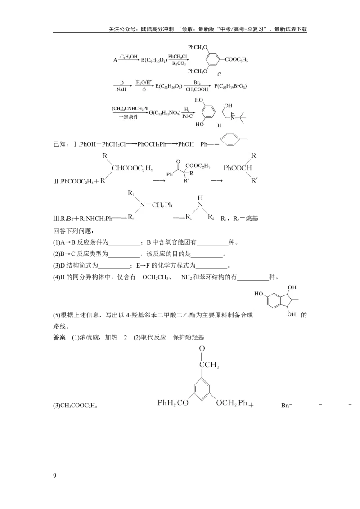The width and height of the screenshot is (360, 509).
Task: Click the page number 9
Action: (54, 476)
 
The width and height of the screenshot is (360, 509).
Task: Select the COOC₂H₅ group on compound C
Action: (237, 59)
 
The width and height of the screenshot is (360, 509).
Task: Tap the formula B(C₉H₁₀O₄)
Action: (154, 60)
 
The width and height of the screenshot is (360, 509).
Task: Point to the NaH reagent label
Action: (121, 89)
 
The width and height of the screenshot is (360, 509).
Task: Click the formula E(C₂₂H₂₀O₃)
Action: (169, 86)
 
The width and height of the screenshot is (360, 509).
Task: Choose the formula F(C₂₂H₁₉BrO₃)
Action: (230, 86)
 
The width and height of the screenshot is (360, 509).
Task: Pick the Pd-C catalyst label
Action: (187, 116)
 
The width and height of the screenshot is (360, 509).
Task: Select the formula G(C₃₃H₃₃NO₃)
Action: (165, 113)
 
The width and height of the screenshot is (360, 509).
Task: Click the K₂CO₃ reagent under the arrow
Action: (179, 63)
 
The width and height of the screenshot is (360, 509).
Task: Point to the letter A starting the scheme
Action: (115, 60)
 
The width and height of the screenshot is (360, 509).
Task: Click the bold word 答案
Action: (59, 337)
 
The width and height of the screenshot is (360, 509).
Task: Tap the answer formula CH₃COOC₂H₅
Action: (75, 406)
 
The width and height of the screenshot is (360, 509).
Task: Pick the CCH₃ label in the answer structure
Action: (209, 365)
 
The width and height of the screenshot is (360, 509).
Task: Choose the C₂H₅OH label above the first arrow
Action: (129, 57)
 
